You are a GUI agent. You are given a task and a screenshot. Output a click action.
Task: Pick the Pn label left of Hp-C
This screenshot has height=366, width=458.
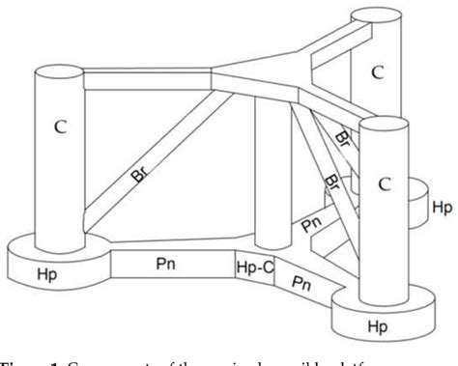click(167, 262)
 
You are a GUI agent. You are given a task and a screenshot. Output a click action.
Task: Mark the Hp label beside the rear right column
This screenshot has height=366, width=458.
click(442, 208)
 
